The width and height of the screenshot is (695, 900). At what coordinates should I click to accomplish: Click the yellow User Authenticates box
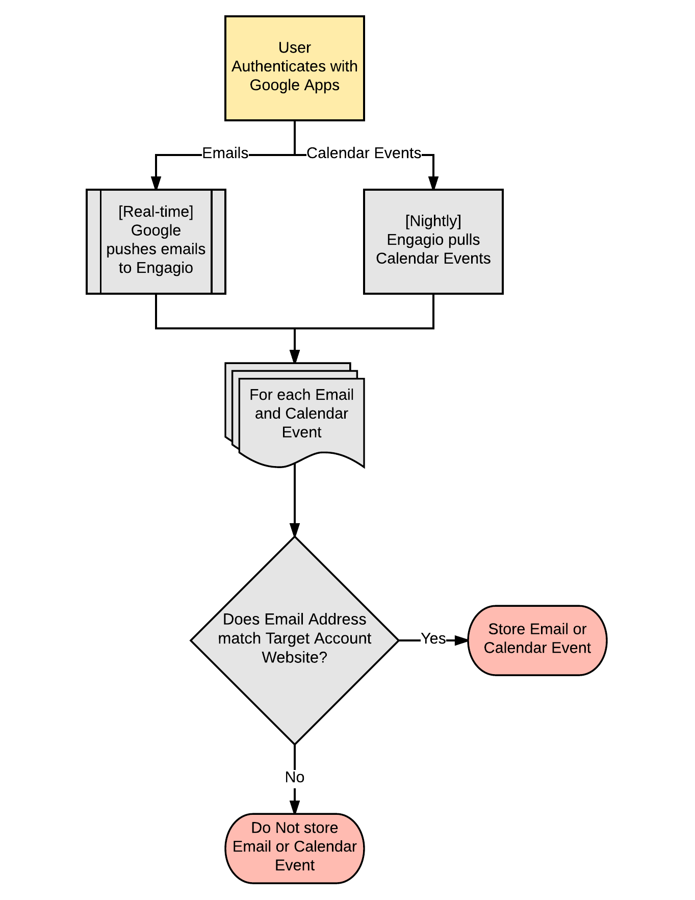pyautogui.click(x=295, y=68)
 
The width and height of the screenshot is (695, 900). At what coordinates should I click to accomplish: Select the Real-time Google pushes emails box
pyautogui.click(x=156, y=242)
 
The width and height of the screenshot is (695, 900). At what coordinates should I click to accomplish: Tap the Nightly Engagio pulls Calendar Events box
pyautogui.click(x=433, y=242)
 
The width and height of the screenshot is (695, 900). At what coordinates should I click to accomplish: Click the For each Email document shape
pyautogui.click(x=295, y=414)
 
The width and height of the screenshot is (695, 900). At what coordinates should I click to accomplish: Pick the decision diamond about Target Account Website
pyautogui.click(x=295, y=640)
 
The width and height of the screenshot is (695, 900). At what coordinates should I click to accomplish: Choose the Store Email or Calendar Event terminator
pyautogui.click(x=537, y=640)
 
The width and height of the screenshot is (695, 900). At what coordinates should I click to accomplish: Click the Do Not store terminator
pyautogui.click(x=295, y=848)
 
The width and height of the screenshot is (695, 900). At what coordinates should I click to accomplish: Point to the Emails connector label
pyautogui.click(x=225, y=153)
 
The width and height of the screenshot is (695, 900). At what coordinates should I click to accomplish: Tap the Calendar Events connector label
pyautogui.click(x=364, y=153)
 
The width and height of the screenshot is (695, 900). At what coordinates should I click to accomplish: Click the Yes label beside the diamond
pyautogui.click(x=433, y=638)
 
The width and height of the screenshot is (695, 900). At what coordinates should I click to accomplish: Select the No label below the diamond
pyautogui.click(x=295, y=777)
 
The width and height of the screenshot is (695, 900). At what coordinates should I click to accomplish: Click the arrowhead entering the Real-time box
pyautogui.click(x=156, y=183)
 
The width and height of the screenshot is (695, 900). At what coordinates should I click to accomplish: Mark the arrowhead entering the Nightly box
pyautogui.click(x=433, y=183)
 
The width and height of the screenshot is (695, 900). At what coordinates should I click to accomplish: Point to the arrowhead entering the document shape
pyautogui.click(x=295, y=356)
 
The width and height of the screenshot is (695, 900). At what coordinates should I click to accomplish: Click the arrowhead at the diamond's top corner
pyautogui.click(x=295, y=530)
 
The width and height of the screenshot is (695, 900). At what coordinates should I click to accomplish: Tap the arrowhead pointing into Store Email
pyautogui.click(x=461, y=640)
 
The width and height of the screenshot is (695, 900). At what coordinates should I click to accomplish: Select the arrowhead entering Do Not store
pyautogui.click(x=295, y=807)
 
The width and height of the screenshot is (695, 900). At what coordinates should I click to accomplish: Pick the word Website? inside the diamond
pyautogui.click(x=295, y=657)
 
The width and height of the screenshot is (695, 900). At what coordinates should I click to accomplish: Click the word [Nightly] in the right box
pyautogui.click(x=433, y=221)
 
